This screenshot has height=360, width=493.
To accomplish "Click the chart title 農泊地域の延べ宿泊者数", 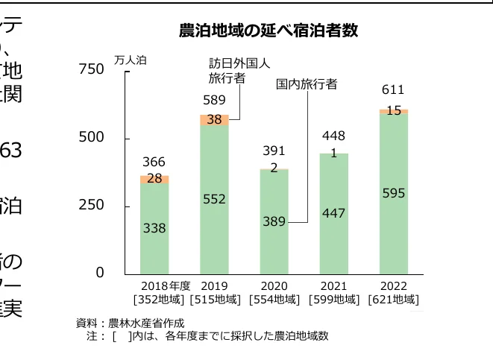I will coord(269,31).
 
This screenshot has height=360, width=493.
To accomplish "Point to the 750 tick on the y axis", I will coord(92,69).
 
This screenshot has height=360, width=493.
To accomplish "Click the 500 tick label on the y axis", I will coord(92,138).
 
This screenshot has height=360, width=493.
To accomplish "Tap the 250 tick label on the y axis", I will coord(92,205).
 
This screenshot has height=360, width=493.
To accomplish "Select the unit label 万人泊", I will coord(131,60).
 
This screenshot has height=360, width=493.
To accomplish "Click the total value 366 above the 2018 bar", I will coord(154,162).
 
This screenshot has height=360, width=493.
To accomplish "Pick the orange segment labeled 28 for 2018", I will coord(154,179).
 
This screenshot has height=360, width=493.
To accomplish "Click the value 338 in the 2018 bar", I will coord(154,228).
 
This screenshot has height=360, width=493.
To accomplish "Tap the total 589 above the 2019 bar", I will coord(214,101).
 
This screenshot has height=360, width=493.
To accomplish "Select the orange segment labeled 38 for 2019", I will coord(214,119).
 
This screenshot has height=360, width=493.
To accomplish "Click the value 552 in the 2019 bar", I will coord(214,199).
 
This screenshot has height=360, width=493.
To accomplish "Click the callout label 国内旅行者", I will coord(307,84).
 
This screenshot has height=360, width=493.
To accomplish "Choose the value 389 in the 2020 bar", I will coord(274,221).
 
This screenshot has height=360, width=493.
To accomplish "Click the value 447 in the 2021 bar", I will coord(333,213).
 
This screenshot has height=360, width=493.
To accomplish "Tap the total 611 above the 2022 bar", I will coord(393,90).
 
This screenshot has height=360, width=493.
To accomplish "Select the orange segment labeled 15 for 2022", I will coord(393,110).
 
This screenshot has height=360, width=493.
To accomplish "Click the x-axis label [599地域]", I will coord(333,300).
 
